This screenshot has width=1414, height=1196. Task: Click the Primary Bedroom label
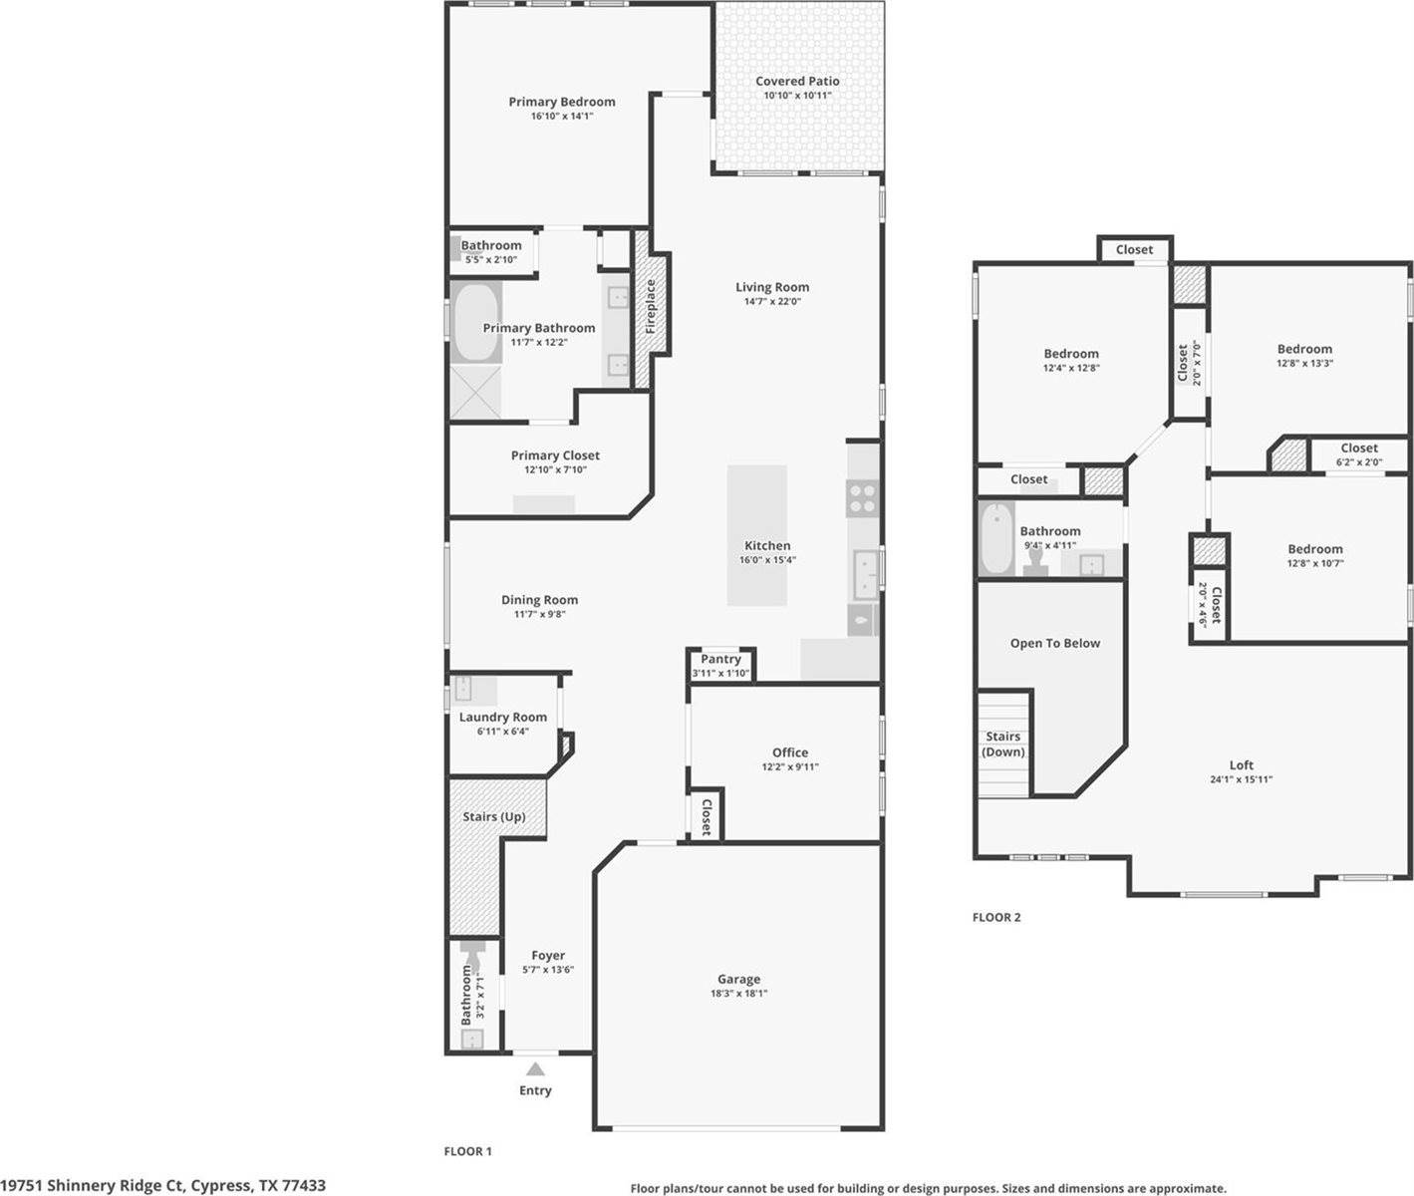click(561, 102)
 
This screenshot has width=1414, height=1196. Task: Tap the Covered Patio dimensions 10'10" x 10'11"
click(797, 96)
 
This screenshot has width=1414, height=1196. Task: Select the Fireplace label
click(651, 306)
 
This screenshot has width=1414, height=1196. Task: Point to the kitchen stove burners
click(862, 497)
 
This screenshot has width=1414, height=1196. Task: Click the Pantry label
click(720, 659)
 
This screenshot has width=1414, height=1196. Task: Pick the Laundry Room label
click(502, 717)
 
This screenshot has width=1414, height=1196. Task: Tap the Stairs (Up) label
click(493, 816)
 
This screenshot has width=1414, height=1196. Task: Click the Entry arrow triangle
click(535, 1069)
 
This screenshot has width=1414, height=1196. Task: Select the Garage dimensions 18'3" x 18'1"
click(738, 993)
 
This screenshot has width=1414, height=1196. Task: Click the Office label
click(790, 752)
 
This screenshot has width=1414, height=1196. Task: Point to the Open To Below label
click(1054, 643)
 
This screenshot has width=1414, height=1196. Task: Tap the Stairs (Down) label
click(1002, 744)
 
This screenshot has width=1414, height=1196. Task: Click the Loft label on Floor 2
click(1241, 765)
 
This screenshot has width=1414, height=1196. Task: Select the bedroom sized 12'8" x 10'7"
click(1314, 555)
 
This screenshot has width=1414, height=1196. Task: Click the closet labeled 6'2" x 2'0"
click(1358, 454)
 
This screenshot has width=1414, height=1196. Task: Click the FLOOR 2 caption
click(996, 917)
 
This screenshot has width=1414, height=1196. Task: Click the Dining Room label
click(539, 600)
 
